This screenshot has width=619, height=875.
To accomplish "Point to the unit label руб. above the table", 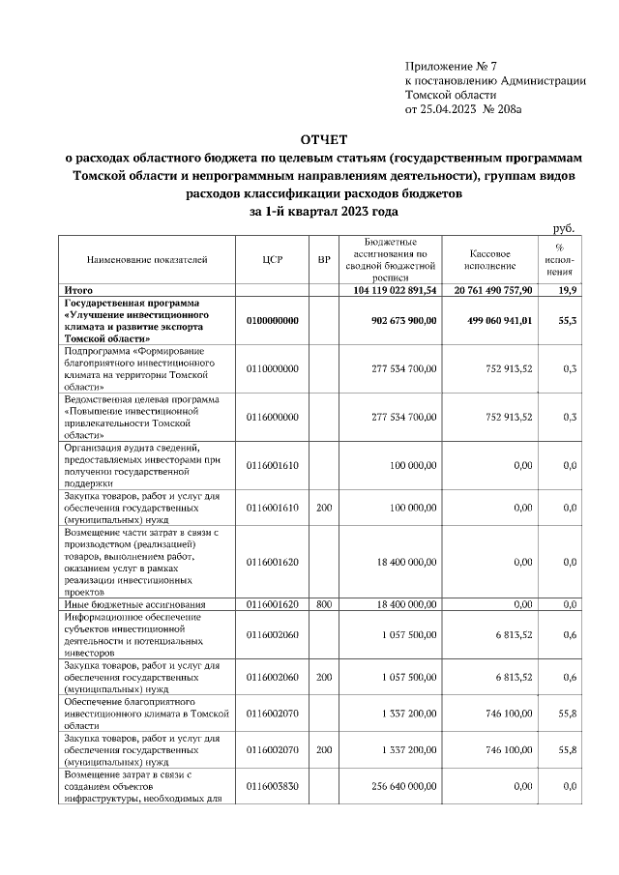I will pyautogui.click(x=564, y=227).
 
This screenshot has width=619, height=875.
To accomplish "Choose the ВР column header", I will pyautogui.click(x=324, y=259).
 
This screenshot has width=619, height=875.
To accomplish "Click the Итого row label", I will pyautogui.click(x=78, y=289).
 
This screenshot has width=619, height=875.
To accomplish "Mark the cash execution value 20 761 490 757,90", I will pyautogui.click(x=486, y=289).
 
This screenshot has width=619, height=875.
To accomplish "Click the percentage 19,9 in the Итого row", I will pyautogui.click(x=567, y=289).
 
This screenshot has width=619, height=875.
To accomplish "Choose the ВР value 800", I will pyautogui.click(x=324, y=604).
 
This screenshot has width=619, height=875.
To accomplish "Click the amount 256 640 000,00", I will pyautogui.click(x=404, y=787).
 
